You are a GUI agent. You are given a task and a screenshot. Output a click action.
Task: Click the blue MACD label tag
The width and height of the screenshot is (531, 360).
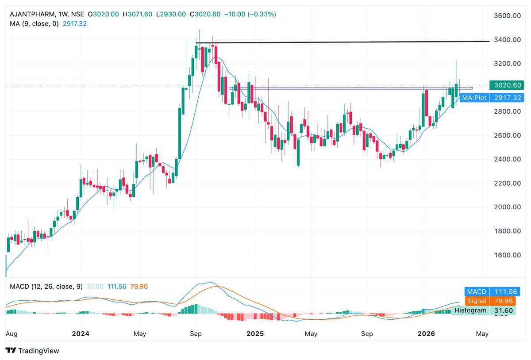[476, 292]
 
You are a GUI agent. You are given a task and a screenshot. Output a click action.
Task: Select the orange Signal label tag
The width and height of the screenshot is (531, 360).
[476, 301]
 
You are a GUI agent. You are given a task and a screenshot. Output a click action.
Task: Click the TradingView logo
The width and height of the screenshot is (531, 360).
[32, 351]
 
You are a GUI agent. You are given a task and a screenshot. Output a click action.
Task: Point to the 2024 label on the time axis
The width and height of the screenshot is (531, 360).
[81, 334]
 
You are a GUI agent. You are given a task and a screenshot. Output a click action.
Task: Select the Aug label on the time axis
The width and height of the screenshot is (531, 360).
[12, 334]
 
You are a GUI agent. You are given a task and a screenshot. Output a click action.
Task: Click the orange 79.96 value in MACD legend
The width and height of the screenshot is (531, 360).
[139, 287]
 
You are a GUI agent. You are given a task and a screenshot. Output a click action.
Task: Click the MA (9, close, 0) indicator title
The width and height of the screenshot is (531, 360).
[34, 24]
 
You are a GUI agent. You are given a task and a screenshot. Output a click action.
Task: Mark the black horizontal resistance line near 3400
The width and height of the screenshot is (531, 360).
[341, 42]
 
